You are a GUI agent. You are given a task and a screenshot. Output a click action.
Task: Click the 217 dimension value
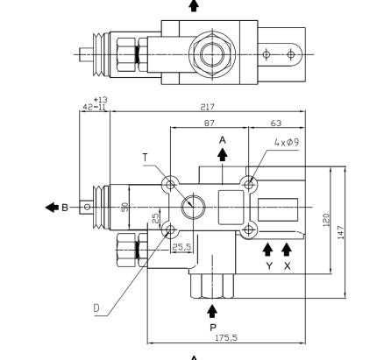tap(207, 107)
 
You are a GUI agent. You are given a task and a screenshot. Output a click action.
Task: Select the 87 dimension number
tap(209, 124)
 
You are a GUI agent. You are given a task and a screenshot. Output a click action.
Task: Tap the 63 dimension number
tap(276, 124)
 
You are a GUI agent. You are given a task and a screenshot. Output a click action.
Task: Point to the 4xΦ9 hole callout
tap(287, 142)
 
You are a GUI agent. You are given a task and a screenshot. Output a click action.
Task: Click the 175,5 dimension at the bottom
tap(226, 338)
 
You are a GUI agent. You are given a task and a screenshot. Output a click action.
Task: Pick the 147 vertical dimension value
tap(341, 232)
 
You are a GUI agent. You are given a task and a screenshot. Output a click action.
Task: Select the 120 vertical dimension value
tap(326, 220)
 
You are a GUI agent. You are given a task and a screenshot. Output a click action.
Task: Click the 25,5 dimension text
tap(181, 247)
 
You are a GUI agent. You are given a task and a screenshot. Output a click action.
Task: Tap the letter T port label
tap(146, 158)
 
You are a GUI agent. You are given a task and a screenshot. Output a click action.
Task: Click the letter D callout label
tap(96, 308)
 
